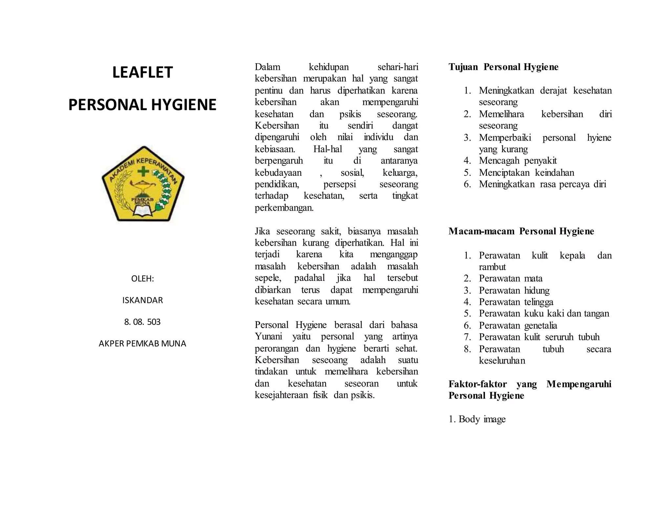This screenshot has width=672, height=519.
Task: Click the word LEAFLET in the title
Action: click(142, 73)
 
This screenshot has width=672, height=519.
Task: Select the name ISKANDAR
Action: click(142, 300)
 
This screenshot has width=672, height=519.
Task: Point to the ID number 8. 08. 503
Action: click(142, 322)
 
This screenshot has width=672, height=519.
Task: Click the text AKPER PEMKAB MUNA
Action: click(142, 343)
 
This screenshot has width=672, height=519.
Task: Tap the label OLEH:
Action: click(142, 279)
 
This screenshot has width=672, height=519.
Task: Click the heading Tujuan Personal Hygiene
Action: click(503, 67)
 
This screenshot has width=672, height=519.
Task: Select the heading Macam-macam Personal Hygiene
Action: click(521, 231)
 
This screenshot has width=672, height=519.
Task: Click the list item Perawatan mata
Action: click(511, 279)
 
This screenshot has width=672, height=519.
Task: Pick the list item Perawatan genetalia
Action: click(518, 325)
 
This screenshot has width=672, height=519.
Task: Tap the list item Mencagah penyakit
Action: click(518, 161)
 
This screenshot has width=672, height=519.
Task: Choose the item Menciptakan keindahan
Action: click(526, 173)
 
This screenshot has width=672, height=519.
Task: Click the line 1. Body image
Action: click(477, 419)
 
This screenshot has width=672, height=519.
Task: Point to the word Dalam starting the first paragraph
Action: click(267, 67)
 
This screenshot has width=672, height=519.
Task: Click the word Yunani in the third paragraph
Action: click(268, 337)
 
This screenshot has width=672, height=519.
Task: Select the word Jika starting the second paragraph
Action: click(262, 231)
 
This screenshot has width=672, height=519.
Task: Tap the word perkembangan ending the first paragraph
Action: click(284, 208)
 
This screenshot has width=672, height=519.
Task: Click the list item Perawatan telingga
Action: click(516, 302)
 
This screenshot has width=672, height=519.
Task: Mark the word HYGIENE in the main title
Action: click(184, 105)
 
